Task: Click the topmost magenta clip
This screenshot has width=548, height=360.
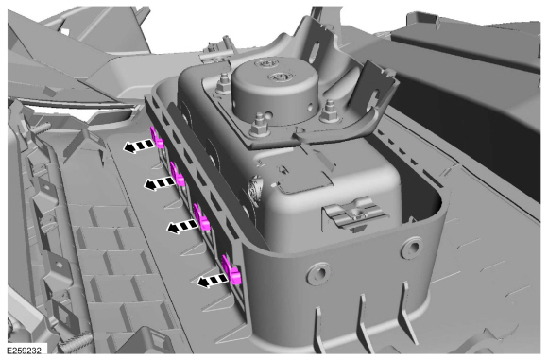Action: click(157, 138)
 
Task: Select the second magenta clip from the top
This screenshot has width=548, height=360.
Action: click(178, 175)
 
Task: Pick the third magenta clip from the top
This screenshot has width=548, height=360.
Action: click(201, 217)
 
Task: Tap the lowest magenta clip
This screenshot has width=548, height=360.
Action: click(231, 270)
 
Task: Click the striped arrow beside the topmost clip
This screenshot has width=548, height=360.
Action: click(138, 146)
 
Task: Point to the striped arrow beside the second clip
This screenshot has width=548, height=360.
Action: click(160, 182)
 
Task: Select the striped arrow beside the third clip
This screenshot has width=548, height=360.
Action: click(182, 227)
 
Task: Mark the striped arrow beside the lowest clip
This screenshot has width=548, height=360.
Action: click(213, 280)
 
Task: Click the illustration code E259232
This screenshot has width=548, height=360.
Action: click(25, 350)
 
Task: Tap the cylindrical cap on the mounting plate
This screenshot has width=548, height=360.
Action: click(276, 90)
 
